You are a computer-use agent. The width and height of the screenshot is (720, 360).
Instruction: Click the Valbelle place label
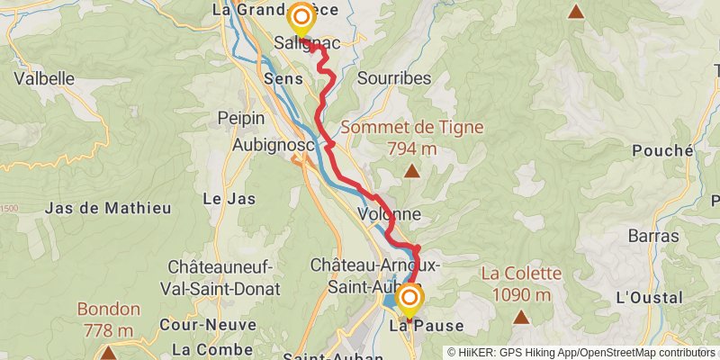(43, 78)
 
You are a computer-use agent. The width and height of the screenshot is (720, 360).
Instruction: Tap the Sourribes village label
(394, 78)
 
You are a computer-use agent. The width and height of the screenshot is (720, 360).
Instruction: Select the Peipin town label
(241, 118)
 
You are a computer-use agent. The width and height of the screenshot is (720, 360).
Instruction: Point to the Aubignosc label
(261, 144)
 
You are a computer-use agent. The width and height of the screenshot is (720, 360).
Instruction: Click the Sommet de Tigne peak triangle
(411, 171)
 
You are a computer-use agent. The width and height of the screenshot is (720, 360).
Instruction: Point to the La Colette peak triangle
(520, 317)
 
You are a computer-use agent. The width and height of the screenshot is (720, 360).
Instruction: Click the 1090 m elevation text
(521, 295)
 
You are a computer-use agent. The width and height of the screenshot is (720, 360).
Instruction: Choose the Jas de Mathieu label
(107, 208)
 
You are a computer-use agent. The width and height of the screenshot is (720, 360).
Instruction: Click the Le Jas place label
(229, 198)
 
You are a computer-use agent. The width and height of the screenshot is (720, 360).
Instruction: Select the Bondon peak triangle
(108, 352)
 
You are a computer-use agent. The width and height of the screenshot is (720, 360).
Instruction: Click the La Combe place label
(208, 348)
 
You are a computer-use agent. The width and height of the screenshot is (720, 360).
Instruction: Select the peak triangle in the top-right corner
(575, 12)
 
